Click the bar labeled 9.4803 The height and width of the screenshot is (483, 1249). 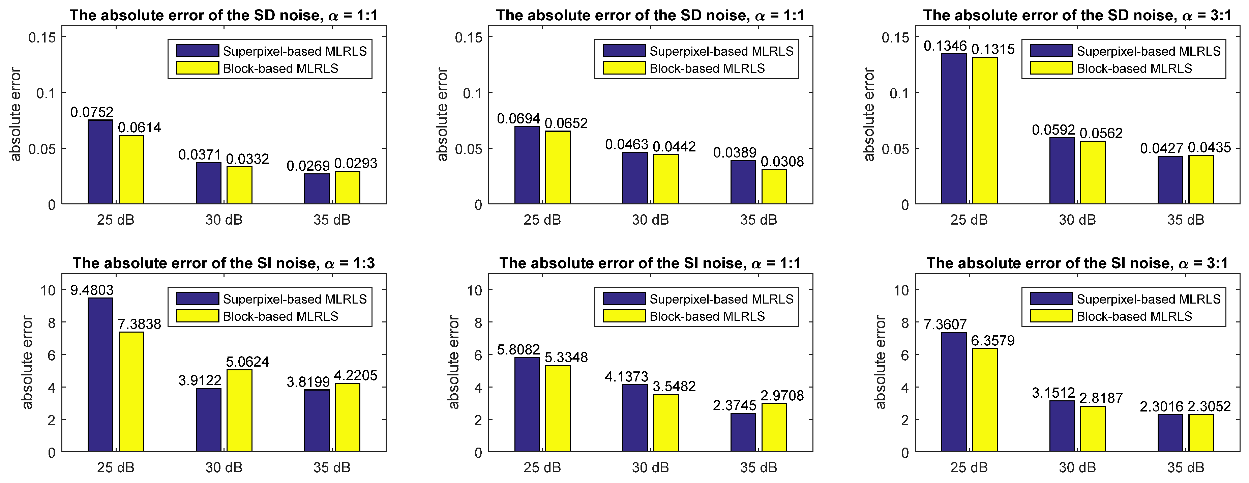point(100,375)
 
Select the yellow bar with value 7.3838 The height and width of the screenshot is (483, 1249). point(131,392)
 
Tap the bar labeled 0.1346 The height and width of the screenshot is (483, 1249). point(954,129)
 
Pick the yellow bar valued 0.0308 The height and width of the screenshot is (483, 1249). point(774,187)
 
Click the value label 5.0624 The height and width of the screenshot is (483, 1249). point(247,362)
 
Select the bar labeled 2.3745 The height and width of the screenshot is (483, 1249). point(743,432)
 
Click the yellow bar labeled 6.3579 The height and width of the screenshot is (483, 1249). point(985,400)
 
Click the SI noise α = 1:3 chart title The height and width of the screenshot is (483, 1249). point(224,263)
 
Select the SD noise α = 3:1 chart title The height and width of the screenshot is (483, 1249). point(1077,15)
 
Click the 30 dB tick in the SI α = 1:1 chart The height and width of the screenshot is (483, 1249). point(650,467)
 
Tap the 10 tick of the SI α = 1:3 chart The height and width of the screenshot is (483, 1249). point(48,290)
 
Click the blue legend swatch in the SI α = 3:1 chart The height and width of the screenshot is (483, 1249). point(1051,298)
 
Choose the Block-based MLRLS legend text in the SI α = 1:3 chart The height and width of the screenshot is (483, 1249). point(280,316)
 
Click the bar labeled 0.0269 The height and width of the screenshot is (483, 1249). point(317,189)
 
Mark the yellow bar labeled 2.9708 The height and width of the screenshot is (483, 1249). point(774,427)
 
